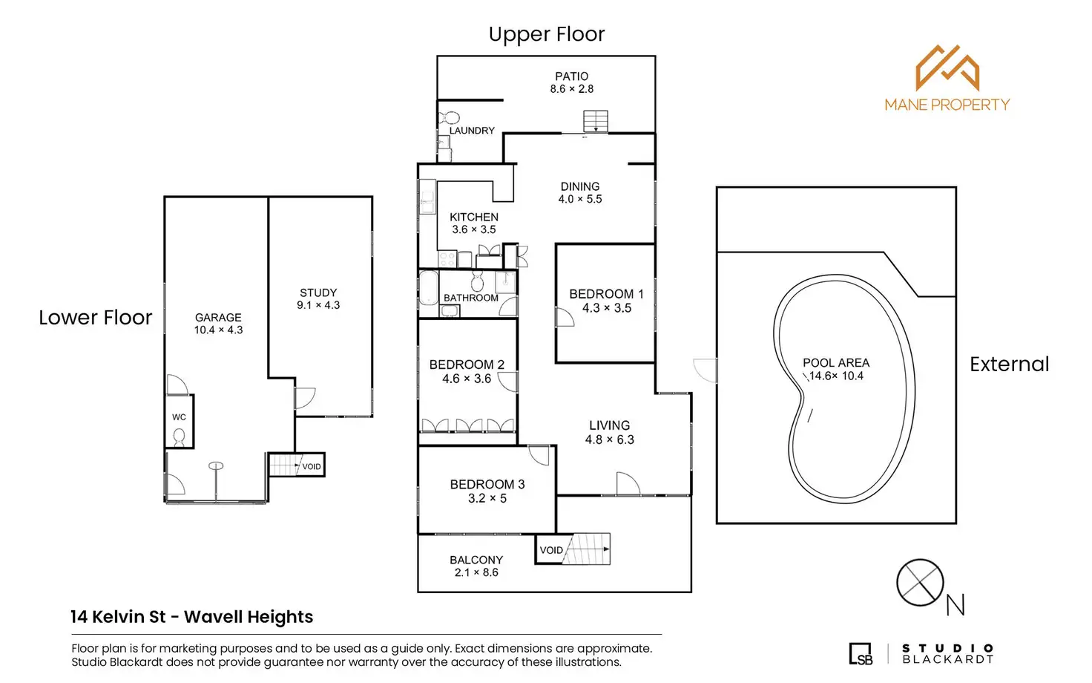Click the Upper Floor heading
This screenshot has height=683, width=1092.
[547, 34]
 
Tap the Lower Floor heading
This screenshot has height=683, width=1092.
[95, 318]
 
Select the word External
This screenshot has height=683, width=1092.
[1009, 365]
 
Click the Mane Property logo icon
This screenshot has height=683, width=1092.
[947, 68]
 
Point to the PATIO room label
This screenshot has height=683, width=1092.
[571, 76]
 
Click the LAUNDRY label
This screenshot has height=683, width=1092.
[472, 131]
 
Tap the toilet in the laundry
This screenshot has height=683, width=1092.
[449, 118]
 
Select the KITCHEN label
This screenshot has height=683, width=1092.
[473, 217]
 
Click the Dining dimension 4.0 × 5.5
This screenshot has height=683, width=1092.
[580, 199]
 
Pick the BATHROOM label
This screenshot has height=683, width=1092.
[470, 298]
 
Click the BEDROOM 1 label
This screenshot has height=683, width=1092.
[606, 294]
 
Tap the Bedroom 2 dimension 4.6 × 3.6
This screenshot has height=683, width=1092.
[467, 379]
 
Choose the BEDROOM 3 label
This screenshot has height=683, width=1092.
[487, 484]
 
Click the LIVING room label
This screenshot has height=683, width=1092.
[609, 425]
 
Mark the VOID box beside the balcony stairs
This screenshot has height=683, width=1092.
[550, 550]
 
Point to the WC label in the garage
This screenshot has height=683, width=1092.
[179, 417]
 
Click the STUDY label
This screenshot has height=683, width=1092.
[318, 293]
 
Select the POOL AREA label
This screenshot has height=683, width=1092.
[835, 363]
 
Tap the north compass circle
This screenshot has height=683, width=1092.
[920, 583]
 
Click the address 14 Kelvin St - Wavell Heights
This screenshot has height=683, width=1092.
[191, 617]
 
